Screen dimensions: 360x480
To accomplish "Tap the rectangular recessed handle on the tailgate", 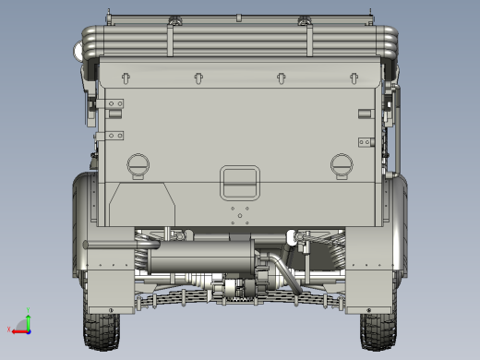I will coord(239,182).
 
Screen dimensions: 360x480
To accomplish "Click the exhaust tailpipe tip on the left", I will coord(90,245).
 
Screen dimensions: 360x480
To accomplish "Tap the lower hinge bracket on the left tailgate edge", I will coord(114,137).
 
